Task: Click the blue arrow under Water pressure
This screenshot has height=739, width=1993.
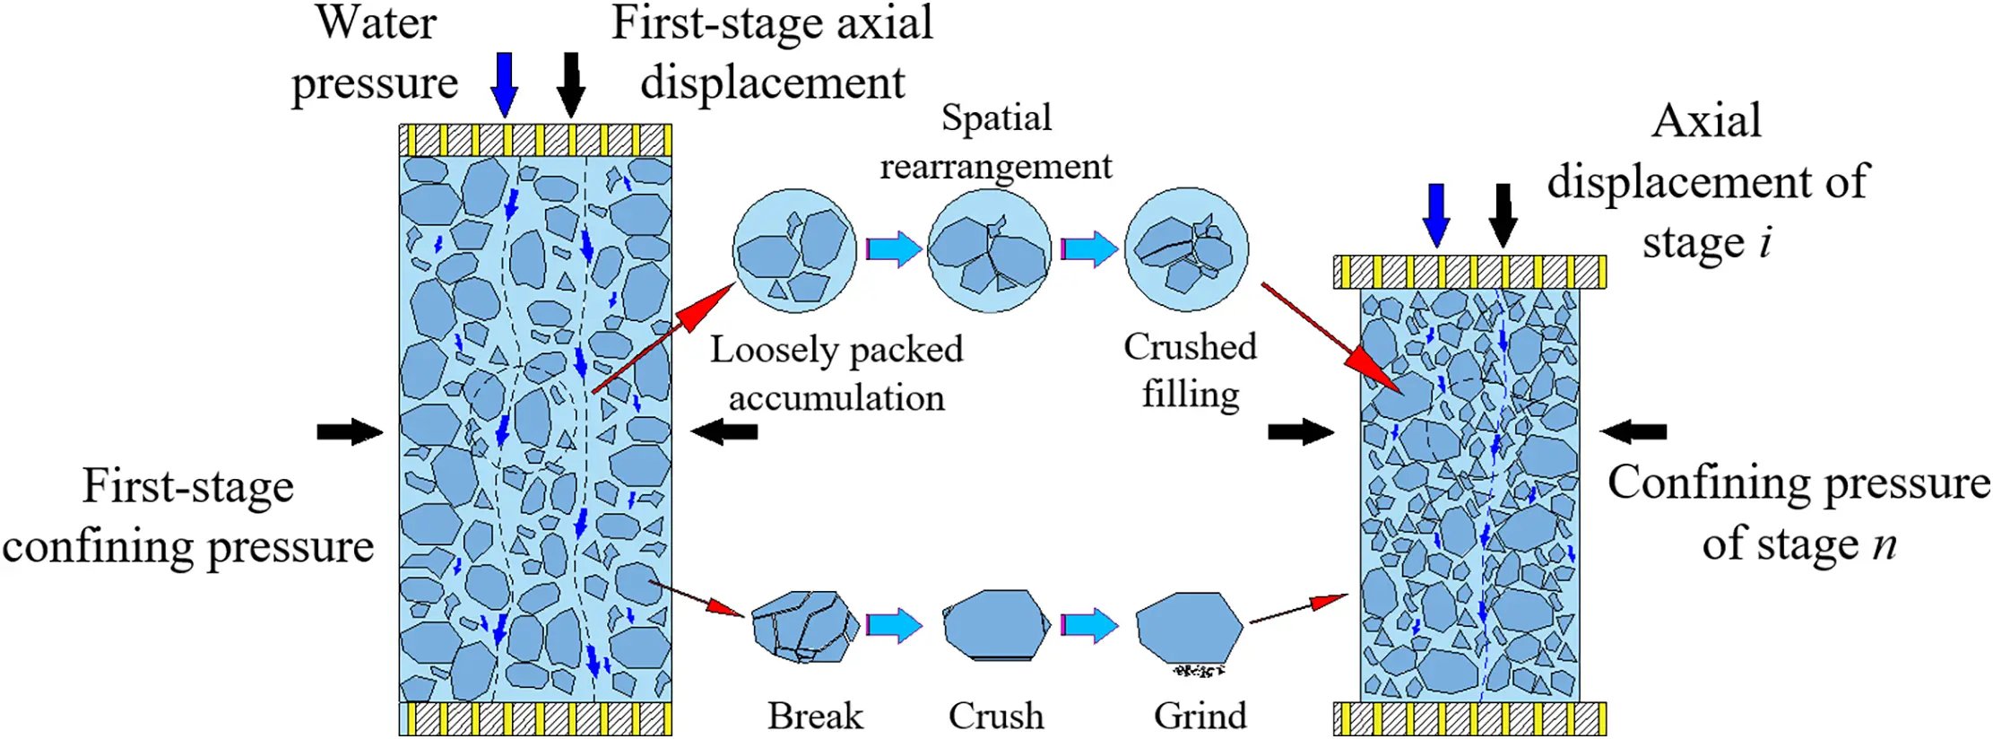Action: tap(505, 83)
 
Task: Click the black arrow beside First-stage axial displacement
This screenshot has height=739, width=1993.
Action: tap(571, 83)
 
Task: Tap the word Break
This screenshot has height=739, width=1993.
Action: tap(814, 716)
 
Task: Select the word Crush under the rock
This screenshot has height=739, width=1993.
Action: tap(996, 716)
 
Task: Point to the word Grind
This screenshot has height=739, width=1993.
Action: tap(1200, 716)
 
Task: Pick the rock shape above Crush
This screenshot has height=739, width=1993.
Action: tap(996, 624)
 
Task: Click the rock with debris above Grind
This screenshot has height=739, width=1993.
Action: tap(1189, 628)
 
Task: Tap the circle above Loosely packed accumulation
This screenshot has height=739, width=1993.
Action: tap(794, 250)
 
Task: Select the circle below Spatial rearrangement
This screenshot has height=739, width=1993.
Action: tap(989, 250)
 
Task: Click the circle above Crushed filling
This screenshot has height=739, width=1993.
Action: tap(1186, 249)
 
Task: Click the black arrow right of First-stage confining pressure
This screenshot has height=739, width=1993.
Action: tap(350, 431)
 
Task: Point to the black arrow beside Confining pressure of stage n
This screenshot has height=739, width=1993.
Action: tap(1633, 431)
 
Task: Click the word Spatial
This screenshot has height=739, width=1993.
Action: tap(996, 117)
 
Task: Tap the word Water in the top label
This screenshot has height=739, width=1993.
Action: tap(376, 23)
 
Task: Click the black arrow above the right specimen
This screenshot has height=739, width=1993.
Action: tap(1503, 215)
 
